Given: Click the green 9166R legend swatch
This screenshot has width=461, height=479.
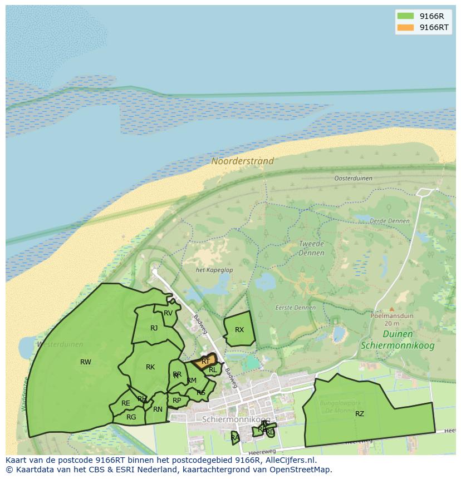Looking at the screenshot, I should pos(405,16).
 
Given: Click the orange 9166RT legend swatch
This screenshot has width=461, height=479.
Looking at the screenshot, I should pos(405,27).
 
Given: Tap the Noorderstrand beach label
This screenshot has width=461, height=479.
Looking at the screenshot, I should pos(242,161).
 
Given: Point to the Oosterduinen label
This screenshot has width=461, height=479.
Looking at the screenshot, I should pos(353,179).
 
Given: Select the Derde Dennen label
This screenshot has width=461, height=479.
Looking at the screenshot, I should pos(389,221).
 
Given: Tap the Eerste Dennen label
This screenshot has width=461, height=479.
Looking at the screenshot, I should pos(295,308).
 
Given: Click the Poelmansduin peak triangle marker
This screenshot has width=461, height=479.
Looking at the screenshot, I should pos(391,309).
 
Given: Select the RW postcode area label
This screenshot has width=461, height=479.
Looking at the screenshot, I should pos(85,362).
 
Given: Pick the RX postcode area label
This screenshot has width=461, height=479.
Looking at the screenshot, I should pos(239,330).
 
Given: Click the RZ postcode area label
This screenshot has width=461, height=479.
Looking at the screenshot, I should pos(360,413).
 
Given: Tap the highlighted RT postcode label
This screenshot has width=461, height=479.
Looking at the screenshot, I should pos(205,362).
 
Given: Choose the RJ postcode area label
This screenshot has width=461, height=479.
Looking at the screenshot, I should pos(154,328).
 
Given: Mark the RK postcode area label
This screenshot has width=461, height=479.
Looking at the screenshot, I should pos(150,367).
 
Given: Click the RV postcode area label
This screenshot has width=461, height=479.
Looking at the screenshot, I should pos(168,313).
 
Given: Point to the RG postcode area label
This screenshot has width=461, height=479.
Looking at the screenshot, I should pos(131,417).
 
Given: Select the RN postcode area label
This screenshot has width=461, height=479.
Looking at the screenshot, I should pos(158,410).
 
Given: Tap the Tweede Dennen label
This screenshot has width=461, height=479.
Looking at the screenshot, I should pos(311,248).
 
